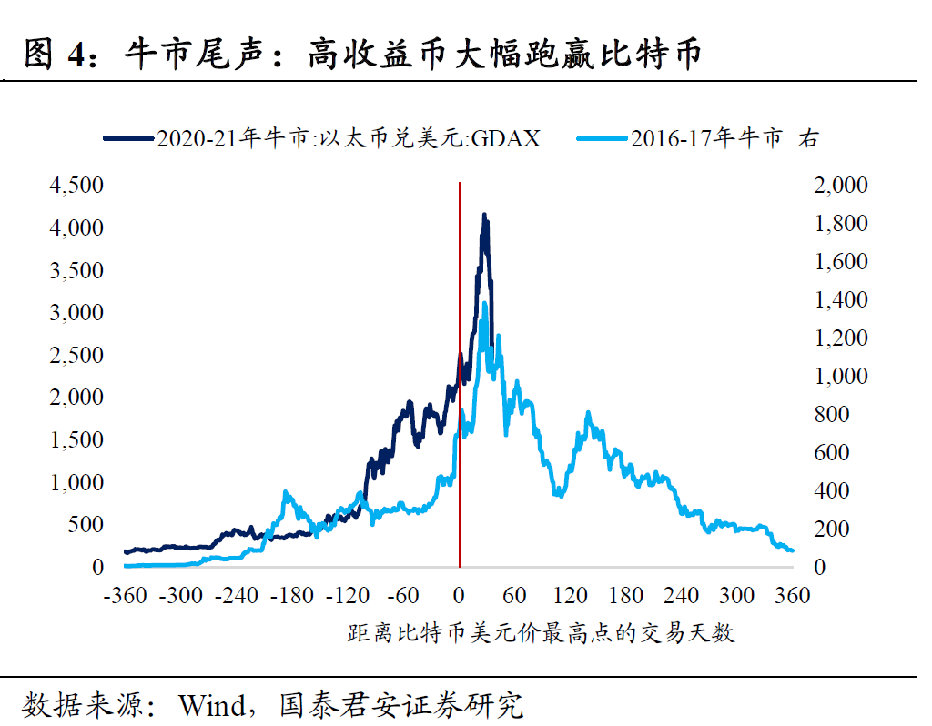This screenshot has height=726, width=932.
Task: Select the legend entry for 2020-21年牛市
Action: click(x=323, y=138)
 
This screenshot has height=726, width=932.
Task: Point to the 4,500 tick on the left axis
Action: click(x=77, y=185)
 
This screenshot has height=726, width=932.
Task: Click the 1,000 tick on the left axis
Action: click(x=77, y=482)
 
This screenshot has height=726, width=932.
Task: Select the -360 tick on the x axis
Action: click(x=125, y=596)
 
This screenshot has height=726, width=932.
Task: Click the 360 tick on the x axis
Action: click(x=793, y=596)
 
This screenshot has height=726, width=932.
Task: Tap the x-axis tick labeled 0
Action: click(x=460, y=596)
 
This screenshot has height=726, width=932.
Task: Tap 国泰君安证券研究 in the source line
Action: click(x=401, y=705)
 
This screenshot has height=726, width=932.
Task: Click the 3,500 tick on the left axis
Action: click(x=77, y=270)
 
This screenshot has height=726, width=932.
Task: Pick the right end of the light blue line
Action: click(x=791, y=550)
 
